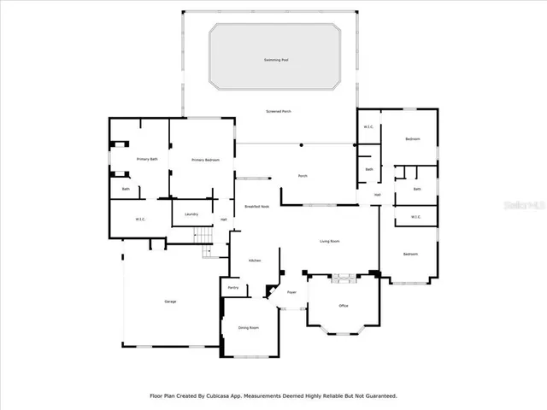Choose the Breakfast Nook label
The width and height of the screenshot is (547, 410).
tap(257, 207)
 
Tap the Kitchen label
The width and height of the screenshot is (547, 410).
tap(255, 260)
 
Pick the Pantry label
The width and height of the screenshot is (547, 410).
tap(232, 288)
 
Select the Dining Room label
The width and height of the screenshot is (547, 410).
tap(248, 328)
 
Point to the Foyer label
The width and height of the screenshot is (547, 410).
tap(291, 292)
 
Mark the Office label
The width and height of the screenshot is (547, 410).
tap(344, 305)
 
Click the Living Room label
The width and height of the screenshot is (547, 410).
tap(330, 242)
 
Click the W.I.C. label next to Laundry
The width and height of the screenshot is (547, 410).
tap(141, 220)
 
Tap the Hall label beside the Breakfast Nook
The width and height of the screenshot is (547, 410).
tap(224, 220)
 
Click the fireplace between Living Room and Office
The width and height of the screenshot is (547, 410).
tap(343, 276)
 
